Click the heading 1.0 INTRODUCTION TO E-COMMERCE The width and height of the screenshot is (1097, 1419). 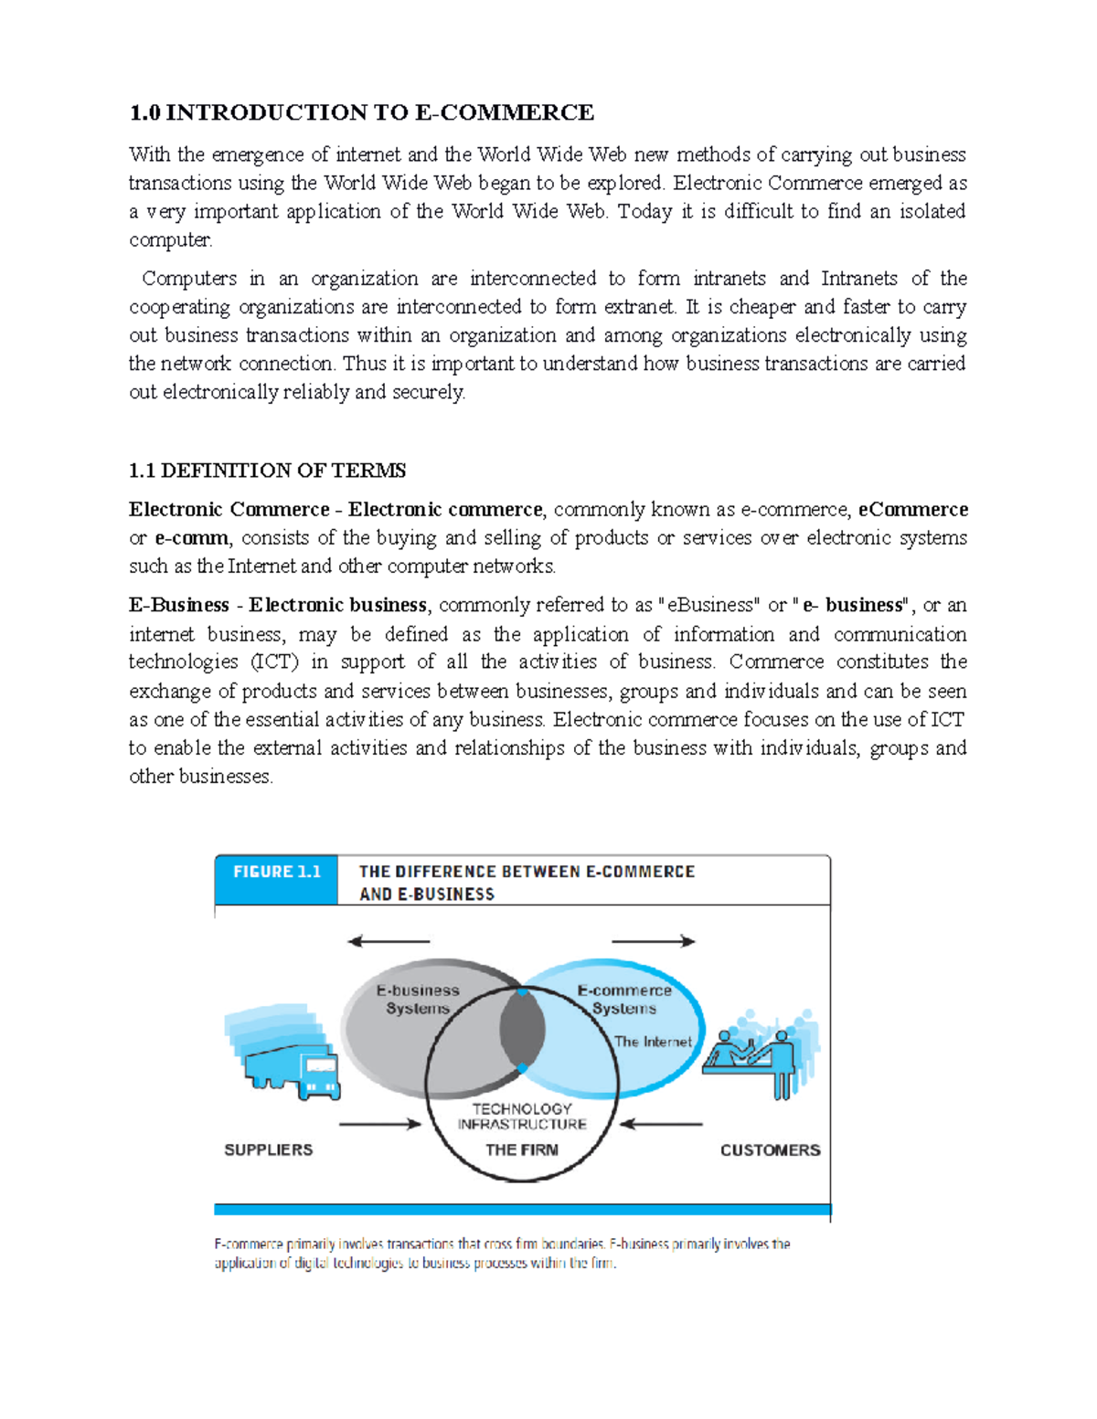pos(361,112)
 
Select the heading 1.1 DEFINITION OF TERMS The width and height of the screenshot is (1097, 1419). pos(267,471)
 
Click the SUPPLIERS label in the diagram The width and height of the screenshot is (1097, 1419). pos(268,1149)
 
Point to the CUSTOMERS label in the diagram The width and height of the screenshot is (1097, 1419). pos(770,1149)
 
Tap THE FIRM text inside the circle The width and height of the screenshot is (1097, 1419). pos(521,1149)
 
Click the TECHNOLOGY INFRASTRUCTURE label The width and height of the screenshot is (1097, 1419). pos(522,1116)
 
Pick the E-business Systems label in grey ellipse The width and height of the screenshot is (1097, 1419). pos(418,999)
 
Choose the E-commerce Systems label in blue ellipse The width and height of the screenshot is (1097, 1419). pos(624,999)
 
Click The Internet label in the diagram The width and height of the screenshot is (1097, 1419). pos(653,1041)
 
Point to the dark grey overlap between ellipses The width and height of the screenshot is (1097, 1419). pos(522,1030)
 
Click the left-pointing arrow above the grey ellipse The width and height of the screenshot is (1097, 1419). pos(389,941)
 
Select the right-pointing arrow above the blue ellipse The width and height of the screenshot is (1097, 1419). pos(653,941)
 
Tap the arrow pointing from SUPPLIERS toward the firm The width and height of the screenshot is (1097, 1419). pos(379,1124)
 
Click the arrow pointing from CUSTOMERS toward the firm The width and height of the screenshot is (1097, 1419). pos(660,1124)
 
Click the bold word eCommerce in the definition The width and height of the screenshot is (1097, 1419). pos(912,509)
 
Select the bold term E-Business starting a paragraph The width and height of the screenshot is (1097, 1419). pos(178,605)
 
